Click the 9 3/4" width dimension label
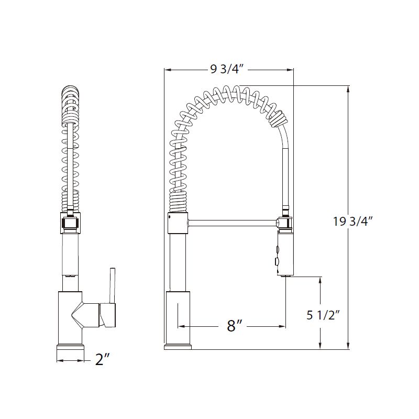pos(228,69)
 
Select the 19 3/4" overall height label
pos(352,221)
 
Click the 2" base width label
pos(102,360)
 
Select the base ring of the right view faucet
pos(178,347)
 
